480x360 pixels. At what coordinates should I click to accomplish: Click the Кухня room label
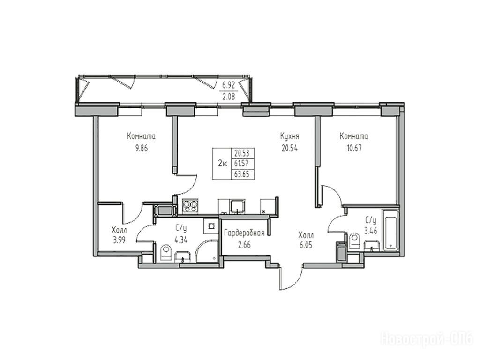289,136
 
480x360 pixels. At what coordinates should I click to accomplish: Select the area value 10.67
354,149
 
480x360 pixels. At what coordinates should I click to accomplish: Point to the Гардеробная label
244,233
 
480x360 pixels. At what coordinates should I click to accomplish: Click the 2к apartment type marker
222,164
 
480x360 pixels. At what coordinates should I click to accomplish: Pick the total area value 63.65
241,174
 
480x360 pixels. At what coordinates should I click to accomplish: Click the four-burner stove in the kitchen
191,206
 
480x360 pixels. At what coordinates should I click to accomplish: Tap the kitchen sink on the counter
238,206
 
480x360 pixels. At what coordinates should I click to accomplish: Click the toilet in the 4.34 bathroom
166,253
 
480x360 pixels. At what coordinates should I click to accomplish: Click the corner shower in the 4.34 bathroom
206,251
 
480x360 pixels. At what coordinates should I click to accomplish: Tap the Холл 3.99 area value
119,240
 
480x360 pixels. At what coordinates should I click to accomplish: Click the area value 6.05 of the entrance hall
306,246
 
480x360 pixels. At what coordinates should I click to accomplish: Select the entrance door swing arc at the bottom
296,281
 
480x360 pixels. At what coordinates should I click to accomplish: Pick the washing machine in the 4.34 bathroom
210,226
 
